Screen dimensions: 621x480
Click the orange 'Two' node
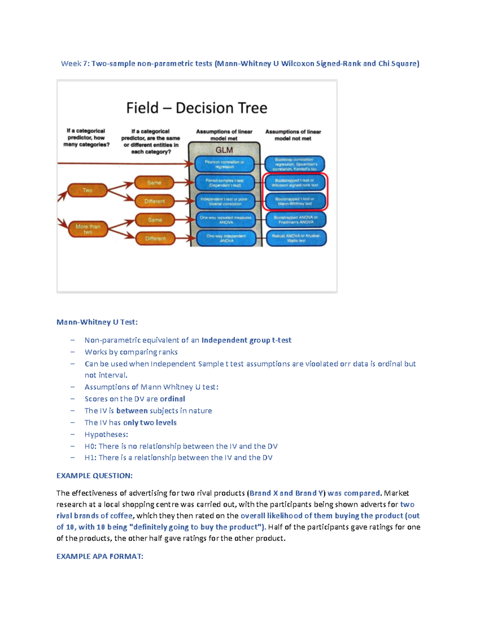click(x=87, y=190)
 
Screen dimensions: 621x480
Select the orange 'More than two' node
click(x=88, y=229)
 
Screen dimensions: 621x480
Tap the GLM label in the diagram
click(x=224, y=150)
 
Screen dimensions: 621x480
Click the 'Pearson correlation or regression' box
click(x=224, y=164)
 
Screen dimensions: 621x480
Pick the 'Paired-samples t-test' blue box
click(x=224, y=183)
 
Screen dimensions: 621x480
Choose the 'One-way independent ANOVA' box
click(x=226, y=238)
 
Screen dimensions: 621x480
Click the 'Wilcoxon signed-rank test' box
click(x=295, y=183)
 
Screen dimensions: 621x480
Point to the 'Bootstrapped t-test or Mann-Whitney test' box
click(x=295, y=201)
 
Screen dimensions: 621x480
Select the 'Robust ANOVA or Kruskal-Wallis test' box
click(x=296, y=238)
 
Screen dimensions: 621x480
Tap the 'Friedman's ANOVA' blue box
click(x=296, y=220)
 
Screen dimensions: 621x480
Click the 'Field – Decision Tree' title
click(x=197, y=108)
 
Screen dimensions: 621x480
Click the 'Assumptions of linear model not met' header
click(x=293, y=135)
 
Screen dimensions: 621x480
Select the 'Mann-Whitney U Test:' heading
click(x=97, y=322)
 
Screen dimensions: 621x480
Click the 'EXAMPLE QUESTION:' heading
click(x=94, y=475)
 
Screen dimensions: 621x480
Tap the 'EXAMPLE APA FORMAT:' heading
click(x=100, y=556)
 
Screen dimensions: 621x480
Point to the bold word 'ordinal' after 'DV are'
click(x=172, y=399)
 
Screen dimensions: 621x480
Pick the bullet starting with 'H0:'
click(x=181, y=446)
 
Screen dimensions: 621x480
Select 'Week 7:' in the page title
click(x=75, y=64)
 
